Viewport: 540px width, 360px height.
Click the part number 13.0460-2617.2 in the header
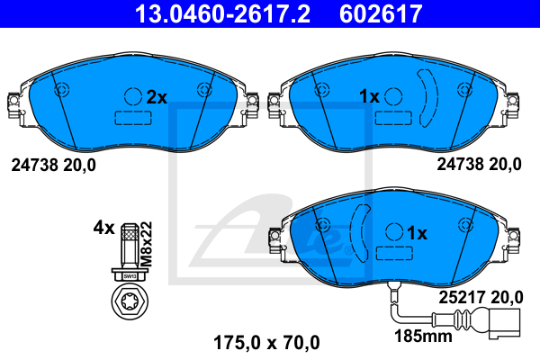(x=226, y=15)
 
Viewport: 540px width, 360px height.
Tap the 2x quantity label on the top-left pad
(x=157, y=96)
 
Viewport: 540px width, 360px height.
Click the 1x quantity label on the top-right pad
(x=369, y=96)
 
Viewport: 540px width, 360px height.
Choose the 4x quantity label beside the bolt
(x=103, y=229)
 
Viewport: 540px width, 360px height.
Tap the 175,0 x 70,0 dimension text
(x=265, y=342)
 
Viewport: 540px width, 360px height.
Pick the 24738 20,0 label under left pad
(x=52, y=165)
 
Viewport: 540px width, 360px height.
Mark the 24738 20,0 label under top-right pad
(x=479, y=165)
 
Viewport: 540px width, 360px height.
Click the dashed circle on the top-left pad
(x=132, y=96)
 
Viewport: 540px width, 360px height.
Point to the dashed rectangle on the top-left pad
(x=132, y=117)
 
